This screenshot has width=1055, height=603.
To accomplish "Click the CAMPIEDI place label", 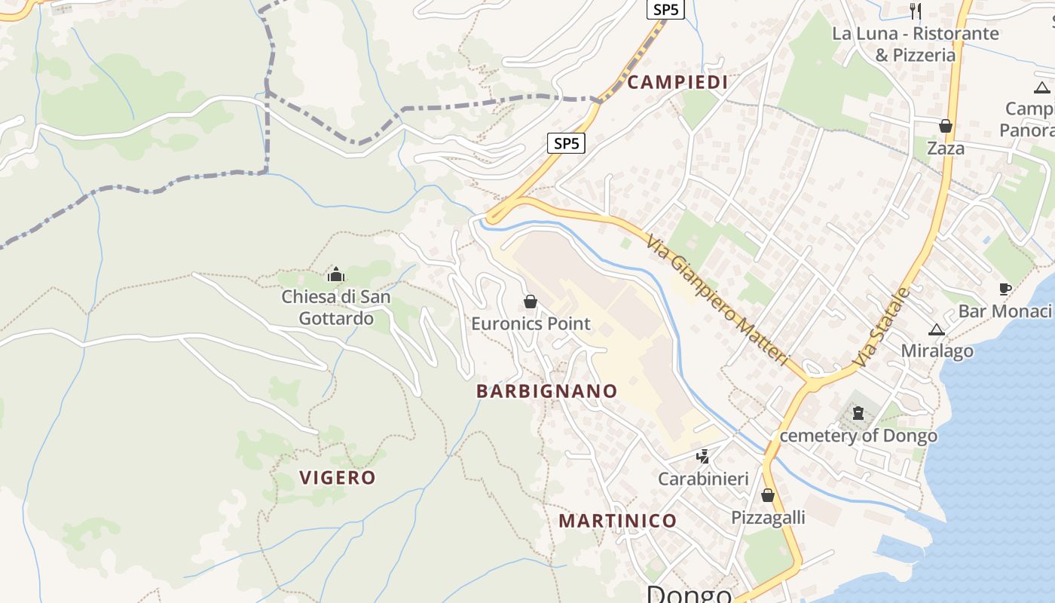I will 677,82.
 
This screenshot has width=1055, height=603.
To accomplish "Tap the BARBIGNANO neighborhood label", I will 546,391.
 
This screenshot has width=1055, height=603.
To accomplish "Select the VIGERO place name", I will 337,477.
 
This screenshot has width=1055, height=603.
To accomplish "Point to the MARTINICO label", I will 617,521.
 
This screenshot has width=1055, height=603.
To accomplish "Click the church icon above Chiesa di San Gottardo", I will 336,274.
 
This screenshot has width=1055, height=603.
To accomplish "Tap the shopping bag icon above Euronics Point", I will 531,302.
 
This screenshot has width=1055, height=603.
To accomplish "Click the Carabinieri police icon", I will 702,456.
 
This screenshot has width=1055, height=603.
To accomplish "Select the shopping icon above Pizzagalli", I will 767,495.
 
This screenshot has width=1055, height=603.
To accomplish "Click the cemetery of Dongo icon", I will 858,412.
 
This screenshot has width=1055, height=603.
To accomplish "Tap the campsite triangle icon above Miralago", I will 936,329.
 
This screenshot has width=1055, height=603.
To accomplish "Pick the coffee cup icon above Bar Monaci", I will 1004,289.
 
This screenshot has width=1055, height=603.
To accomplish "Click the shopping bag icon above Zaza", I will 945,126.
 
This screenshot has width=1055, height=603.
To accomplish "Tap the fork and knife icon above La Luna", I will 916,11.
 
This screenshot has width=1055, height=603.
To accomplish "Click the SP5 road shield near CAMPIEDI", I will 567,142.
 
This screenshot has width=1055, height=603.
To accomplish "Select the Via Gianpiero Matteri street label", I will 717,298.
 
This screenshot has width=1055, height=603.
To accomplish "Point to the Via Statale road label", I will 882,328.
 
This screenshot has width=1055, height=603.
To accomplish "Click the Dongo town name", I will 689,594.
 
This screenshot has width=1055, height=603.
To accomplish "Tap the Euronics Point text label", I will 531,324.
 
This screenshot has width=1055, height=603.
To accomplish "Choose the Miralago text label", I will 937,350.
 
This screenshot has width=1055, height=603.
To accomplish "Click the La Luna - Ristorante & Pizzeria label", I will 915,44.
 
